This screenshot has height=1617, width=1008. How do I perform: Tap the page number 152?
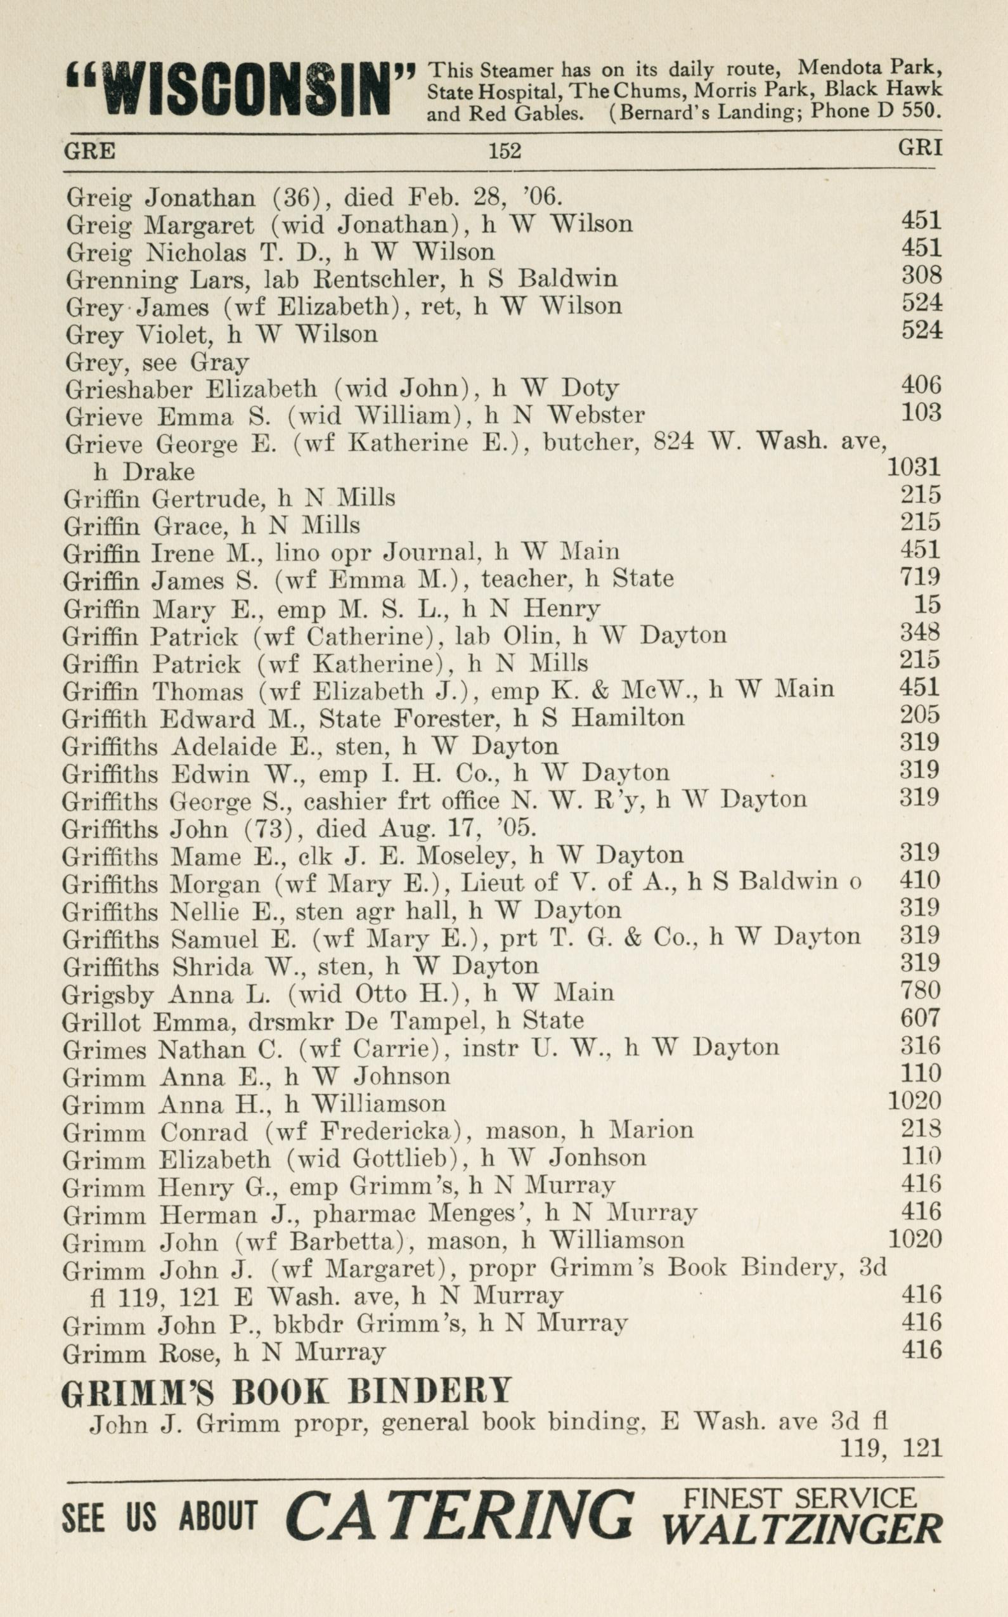click(x=505, y=152)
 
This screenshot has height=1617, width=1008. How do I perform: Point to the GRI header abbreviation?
click(x=919, y=147)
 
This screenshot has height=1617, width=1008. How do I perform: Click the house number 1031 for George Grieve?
click(x=914, y=467)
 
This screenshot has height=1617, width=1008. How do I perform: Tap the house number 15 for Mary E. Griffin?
click(x=928, y=604)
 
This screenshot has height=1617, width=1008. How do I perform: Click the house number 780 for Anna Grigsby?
click(x=920, y=990)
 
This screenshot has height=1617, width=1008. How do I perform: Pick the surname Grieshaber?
click(x=129, y=388)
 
